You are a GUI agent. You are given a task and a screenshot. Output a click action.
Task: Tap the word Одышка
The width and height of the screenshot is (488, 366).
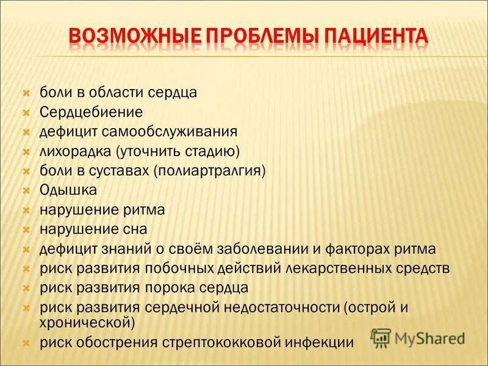click(68, 190)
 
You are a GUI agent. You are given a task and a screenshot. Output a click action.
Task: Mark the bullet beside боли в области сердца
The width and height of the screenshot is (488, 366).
click(26, 93)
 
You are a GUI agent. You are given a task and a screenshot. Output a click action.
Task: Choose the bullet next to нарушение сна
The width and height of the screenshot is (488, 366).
click(26, 230)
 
